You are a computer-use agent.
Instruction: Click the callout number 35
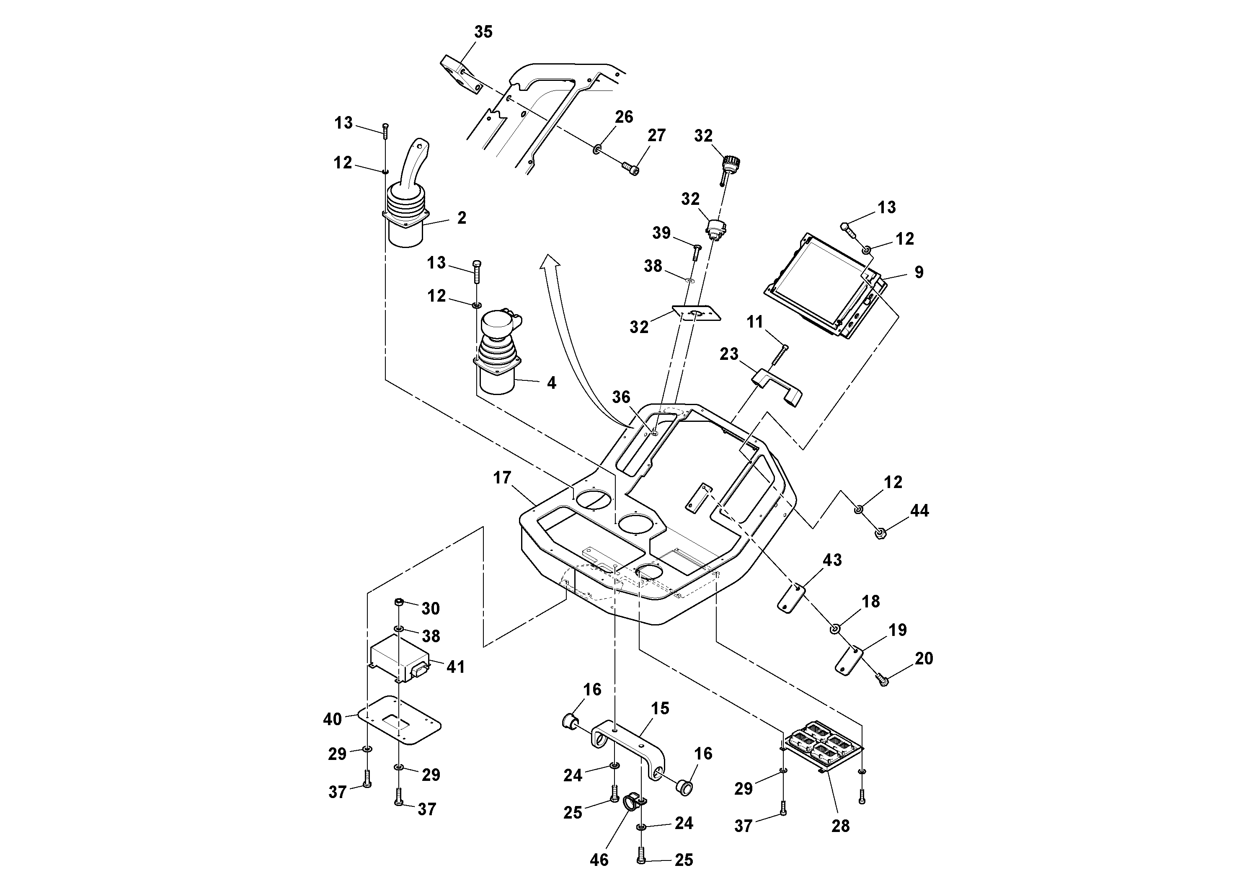[483, 32]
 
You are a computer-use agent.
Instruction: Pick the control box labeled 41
[399, 658]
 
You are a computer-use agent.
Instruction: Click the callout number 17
[502, 478]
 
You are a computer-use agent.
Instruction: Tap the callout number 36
[621, 398]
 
